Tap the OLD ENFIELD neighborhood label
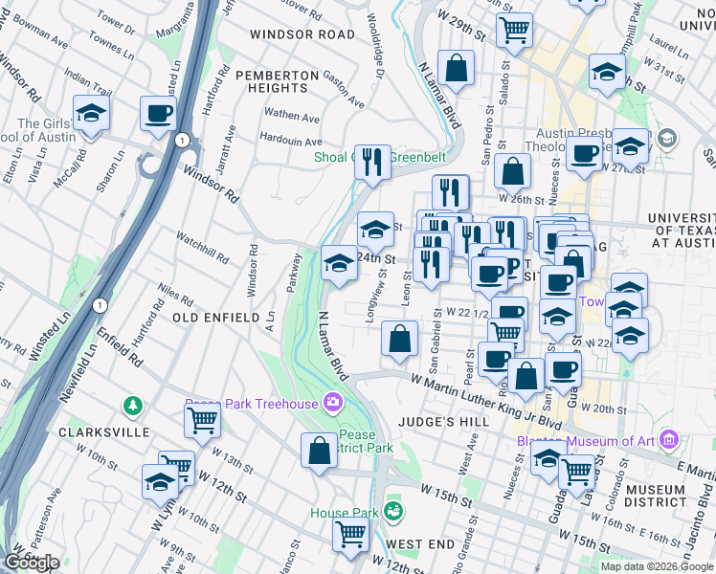tap(215, 317)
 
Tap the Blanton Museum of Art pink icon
tap(668, 441)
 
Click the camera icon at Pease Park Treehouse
tap(332, 403)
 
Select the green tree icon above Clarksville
tap(133, 407)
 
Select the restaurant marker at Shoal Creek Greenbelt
tap(373, 161)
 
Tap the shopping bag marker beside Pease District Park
tap(319, 450)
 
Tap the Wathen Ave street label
tap(293, 116)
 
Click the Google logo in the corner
tap(32, 563)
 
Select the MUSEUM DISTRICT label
tap(655, 497)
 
